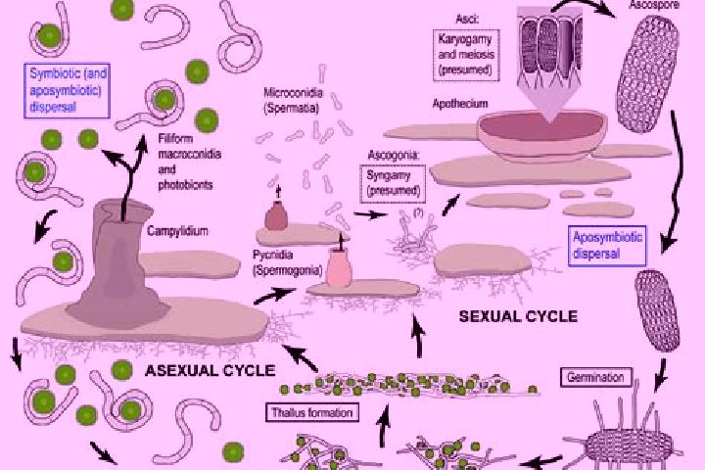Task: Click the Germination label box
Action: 595,377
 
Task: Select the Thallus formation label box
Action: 312,412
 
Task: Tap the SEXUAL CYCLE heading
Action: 518,316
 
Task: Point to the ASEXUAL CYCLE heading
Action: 210,370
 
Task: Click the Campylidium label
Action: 177,231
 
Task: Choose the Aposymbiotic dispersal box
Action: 607,246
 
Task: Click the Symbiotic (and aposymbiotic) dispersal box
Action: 67,90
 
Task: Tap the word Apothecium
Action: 460,104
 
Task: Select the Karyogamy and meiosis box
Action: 466,55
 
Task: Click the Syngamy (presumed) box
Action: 393,183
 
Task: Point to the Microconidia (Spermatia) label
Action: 293,100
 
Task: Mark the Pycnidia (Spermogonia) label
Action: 287,262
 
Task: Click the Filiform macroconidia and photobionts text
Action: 189,162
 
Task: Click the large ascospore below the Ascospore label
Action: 647,73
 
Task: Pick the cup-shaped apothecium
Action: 542,134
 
